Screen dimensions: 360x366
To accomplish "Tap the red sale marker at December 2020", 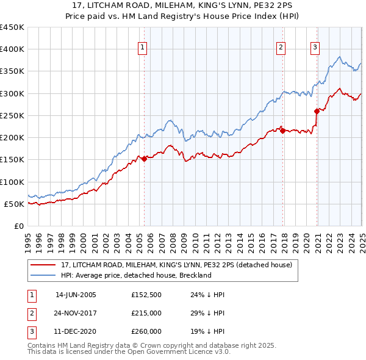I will click(317, 111).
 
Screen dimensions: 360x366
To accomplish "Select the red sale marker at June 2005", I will click(144, 159).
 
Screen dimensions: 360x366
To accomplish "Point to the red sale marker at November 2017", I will click(282, 131).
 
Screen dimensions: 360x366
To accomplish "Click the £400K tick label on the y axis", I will click(12, 49).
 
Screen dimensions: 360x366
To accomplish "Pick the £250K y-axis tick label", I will click(12, 115).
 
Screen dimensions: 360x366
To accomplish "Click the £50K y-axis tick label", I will click(13, 204).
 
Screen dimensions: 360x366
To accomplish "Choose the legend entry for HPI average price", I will click(136, 275).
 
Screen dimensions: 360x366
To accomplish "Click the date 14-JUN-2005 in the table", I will click(76, 295).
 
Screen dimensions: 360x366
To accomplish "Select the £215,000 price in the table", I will click(146, 313).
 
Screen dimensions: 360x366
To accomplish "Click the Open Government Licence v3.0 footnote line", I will click(129, 352).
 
